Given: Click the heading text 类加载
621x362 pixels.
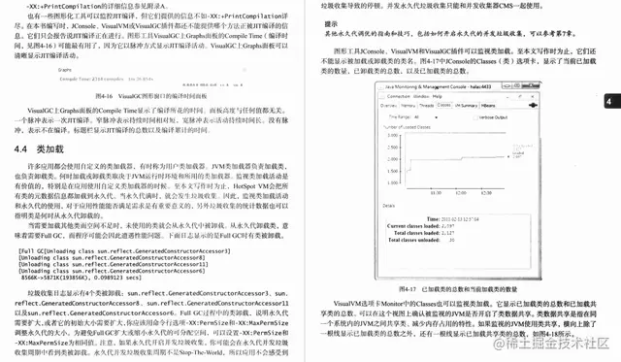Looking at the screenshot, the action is (x=48, y=151).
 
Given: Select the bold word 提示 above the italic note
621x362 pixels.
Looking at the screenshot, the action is (x=331, y=23).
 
